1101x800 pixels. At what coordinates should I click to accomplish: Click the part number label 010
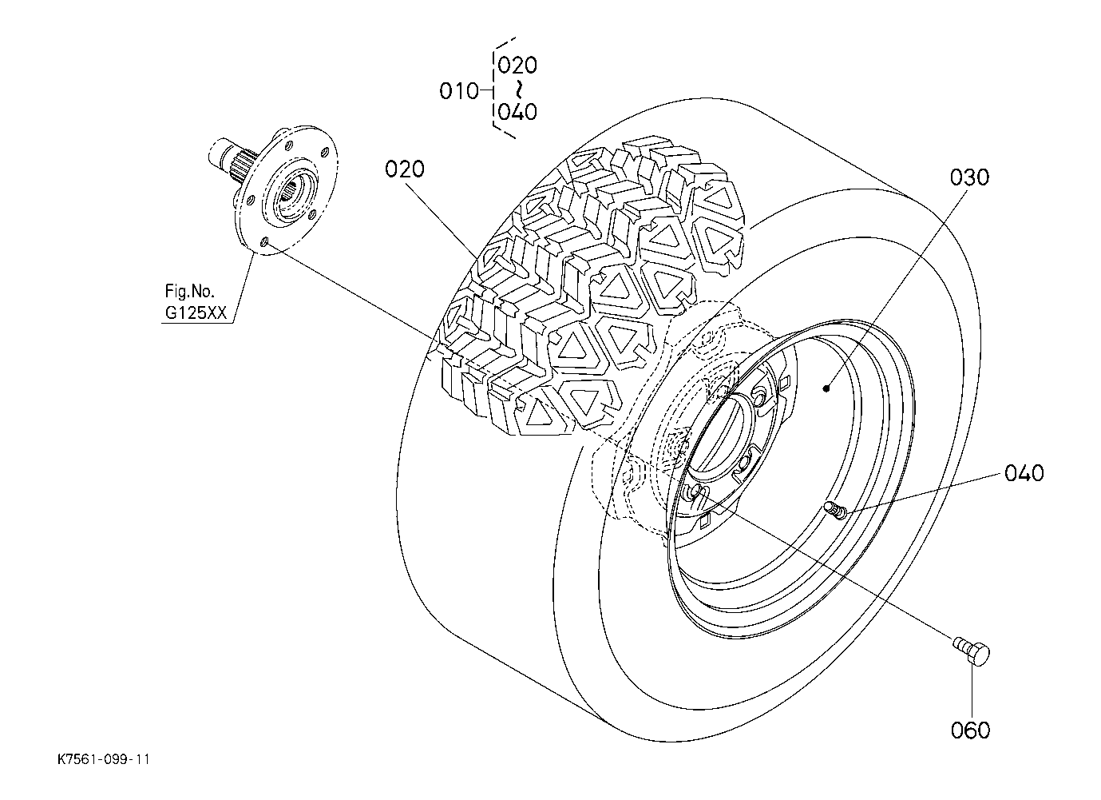(458, 91)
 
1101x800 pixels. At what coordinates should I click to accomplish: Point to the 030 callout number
(968, 177)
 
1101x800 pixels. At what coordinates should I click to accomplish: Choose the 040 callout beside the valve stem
(1024, 473)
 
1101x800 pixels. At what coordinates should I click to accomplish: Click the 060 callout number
(970, 730)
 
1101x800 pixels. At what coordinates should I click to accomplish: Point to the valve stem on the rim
(836, 510)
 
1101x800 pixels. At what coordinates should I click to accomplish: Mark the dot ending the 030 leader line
(828, 388)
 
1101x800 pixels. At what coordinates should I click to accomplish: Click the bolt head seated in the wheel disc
(696, 490)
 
